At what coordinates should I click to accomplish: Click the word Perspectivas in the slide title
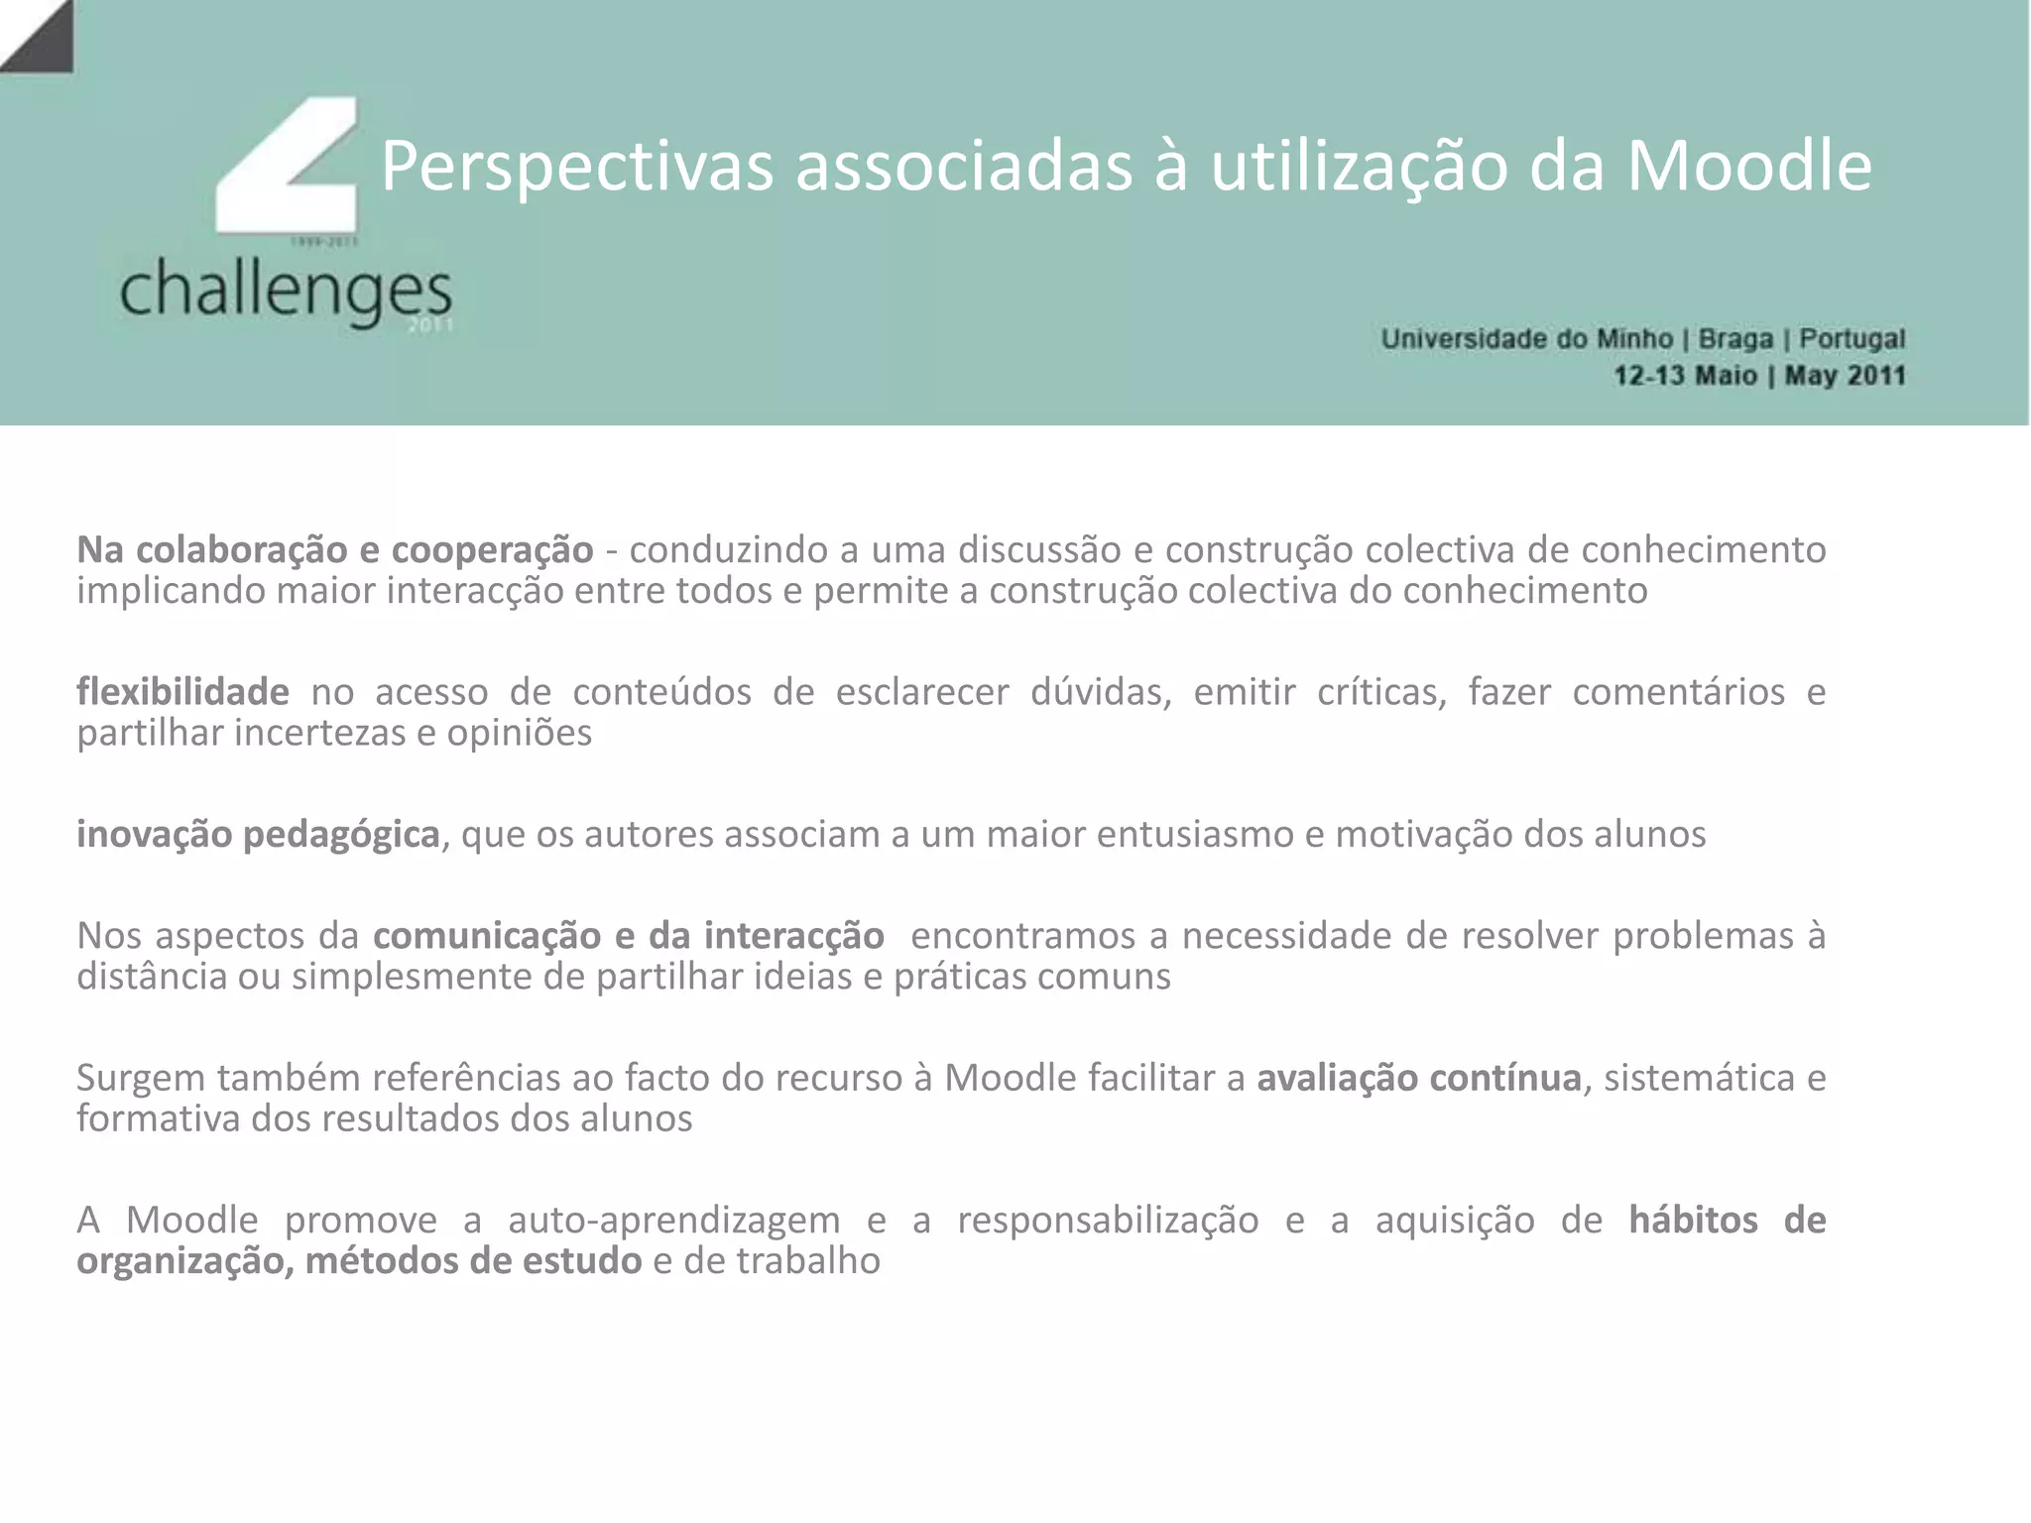tap(576, 167)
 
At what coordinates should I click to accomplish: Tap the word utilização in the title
tap(1358, 167)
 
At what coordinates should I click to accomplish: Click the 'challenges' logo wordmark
tap(286, 291)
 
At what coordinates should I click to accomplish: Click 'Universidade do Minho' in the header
tap(1526, 339)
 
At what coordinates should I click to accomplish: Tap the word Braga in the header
tap(1735, 339)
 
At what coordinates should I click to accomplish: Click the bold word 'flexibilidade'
tap(182, 692)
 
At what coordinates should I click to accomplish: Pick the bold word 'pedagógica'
tap(341, 835)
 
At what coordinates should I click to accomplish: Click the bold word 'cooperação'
tap(492, 550)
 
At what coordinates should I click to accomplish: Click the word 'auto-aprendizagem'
tap(673, 1221)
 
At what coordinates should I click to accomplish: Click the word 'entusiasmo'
tap(1194, 835)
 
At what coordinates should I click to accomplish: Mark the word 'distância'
tap(151, 977)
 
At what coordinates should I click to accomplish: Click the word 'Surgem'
tap(141, 1078)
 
